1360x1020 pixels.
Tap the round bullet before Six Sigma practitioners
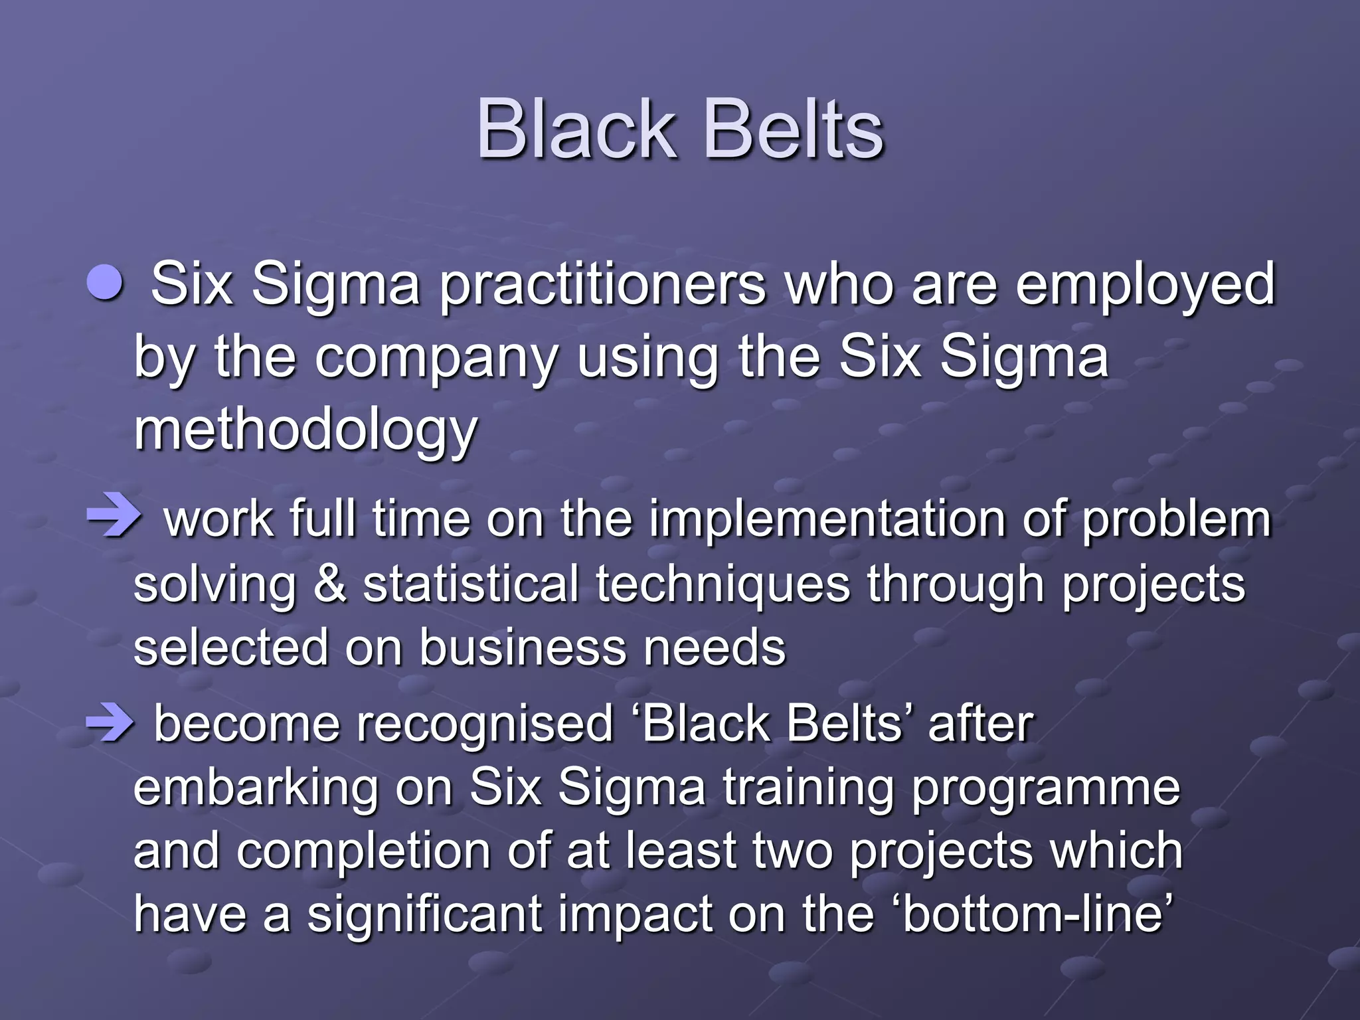pos(106,284)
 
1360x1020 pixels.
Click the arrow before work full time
pos(114,517)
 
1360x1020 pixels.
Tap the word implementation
pos(827,519)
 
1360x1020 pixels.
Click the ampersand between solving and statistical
pos(330,584)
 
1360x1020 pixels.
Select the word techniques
pos(722,585)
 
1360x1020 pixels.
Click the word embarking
pos(256,789)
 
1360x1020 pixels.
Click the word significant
pos(425,914)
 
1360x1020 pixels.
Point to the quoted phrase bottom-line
pos(1036,913)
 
